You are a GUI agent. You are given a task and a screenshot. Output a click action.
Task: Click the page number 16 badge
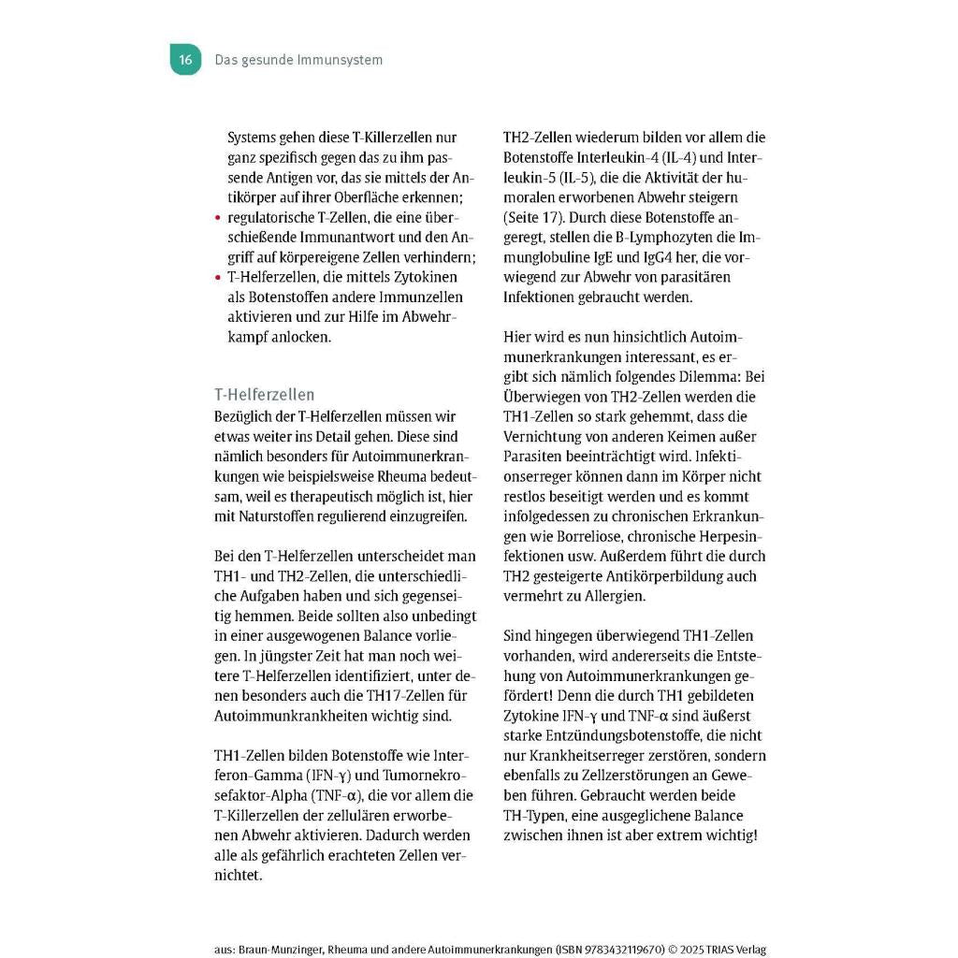(x=185, y=59)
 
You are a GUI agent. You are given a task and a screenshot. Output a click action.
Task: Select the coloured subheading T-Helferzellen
(x=265, y=394)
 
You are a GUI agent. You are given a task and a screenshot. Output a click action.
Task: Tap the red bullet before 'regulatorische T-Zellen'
(x=218, y=218)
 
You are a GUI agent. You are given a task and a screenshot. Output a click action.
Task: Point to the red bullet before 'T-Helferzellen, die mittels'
(x=218, y=278)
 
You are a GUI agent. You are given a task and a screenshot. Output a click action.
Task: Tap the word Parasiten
(x=536, y=457)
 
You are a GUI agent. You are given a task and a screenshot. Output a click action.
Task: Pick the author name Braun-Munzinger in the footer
(x=283, y=950)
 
